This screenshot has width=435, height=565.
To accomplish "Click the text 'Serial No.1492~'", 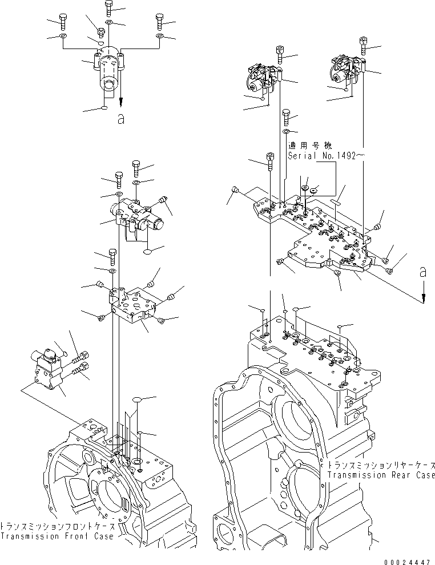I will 324,155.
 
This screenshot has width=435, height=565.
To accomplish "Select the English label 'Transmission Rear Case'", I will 381,475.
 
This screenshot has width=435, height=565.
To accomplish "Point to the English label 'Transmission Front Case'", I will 57,536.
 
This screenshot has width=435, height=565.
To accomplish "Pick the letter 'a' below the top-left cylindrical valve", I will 120,119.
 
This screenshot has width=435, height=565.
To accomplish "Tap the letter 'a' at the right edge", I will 423,273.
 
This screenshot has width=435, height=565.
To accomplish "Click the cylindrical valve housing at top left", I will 108,71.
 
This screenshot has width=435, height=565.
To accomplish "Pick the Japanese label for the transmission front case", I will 57,527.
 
